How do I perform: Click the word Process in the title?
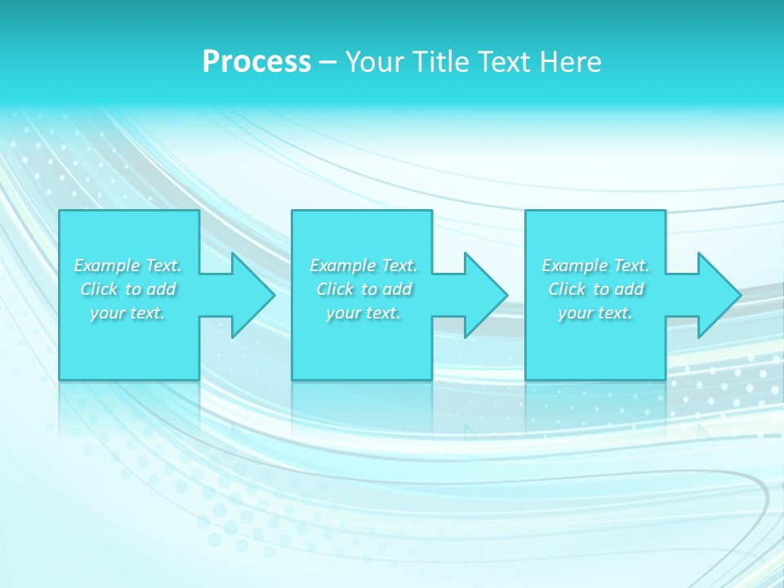256,62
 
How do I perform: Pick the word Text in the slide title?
505,62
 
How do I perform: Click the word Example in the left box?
107,265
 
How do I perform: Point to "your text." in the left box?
127,313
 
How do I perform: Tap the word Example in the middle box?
343,265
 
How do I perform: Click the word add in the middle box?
396,289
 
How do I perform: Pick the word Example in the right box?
575,265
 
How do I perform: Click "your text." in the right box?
595,313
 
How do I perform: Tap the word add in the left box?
160,289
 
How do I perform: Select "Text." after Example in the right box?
630,265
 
